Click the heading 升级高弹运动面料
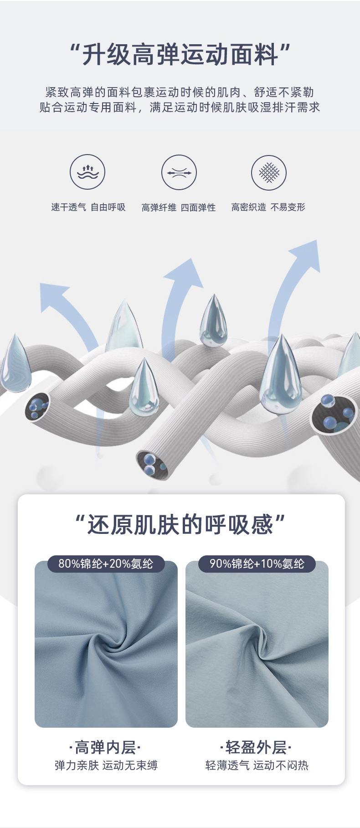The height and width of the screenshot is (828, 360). click(180, 55)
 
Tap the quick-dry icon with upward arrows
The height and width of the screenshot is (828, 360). click(87, 173)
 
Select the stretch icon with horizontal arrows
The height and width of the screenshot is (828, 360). click(179, 173)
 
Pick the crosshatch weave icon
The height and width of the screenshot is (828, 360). click(269, 173)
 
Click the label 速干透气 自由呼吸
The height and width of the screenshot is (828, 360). click(88, 207)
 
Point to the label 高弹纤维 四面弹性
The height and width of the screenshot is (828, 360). click(179, 207)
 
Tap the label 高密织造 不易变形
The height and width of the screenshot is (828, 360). click(268, 207)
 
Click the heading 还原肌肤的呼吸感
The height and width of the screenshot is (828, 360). click(180, 524)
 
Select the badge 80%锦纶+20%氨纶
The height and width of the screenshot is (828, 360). click(106, 564)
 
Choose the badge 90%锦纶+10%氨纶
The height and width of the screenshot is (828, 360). click(257, 564)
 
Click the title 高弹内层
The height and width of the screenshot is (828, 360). click(105, 748)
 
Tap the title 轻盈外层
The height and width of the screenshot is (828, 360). click(256, 748)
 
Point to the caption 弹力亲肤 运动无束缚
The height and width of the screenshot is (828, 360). click(106, 766)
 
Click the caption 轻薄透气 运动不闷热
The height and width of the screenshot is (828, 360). click(257, 766)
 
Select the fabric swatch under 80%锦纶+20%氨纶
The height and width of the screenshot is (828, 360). click(106, 647)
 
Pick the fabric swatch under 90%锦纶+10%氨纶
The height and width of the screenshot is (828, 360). click(257, 647)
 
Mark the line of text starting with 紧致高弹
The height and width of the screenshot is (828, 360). click(180, 93)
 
